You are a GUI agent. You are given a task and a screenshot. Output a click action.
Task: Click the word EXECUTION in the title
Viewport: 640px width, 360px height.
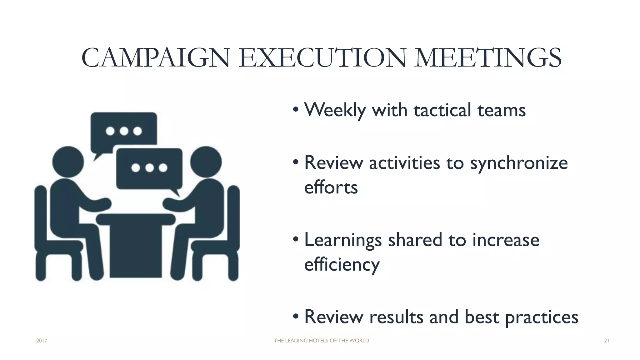(x=322, y=58)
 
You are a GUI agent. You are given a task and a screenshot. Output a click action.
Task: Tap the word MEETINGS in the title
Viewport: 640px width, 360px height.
(x=488, y=58)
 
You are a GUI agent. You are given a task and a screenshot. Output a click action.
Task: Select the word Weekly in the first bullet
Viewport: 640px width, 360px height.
(x=335, y=110)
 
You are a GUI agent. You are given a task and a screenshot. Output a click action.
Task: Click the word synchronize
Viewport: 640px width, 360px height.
(x=519, y=163)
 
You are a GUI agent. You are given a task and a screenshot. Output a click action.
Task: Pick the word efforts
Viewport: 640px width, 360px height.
(x=331, y=187)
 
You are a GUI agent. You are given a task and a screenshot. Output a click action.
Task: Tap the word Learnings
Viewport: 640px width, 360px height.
(x=343, y=240)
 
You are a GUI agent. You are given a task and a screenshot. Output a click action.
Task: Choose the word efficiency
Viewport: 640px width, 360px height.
(x=342, y=264)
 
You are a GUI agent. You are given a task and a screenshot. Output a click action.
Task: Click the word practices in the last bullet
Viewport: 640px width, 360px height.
(x=542, y=317)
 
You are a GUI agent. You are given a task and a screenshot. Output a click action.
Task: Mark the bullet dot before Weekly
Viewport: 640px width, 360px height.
(x=296, y=110)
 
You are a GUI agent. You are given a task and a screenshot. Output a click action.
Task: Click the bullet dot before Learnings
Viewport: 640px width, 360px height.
(x=296, y=240)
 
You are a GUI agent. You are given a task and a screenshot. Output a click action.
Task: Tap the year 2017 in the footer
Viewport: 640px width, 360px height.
(x=42, y=341)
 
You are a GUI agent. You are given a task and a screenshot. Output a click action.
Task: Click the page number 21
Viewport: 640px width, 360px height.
(x=607, y=341)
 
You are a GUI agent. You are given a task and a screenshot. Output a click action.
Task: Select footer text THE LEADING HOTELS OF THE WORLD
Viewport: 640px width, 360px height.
(x=321, y=341)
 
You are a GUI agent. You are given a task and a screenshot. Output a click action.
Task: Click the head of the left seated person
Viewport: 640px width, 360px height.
(x=68, y=162)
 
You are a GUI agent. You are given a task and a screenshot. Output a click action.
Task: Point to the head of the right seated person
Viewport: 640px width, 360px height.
(x=206, y=162)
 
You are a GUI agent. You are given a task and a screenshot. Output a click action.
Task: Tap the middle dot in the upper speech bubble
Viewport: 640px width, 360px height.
(x=124, y=131)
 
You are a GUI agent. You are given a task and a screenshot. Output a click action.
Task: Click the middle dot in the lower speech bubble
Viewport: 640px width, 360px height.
(x=149, y=168)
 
